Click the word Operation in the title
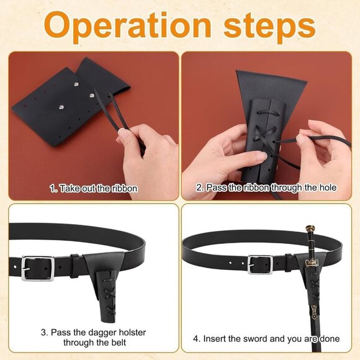click(x=128, y=25)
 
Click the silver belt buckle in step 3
click(x=38, y=268)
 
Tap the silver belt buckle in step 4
click(x=260, y=264)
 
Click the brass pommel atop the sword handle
click(x=309, y=228)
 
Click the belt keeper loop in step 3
click(x=75, y=266)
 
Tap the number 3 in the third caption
click(x=43, y=333)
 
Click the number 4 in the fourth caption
click(x=196, y=339)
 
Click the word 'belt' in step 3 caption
click(x=118, y=343)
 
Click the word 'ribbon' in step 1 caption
click(x=125, y=189)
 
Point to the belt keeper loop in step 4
click(x=289, y=263)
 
